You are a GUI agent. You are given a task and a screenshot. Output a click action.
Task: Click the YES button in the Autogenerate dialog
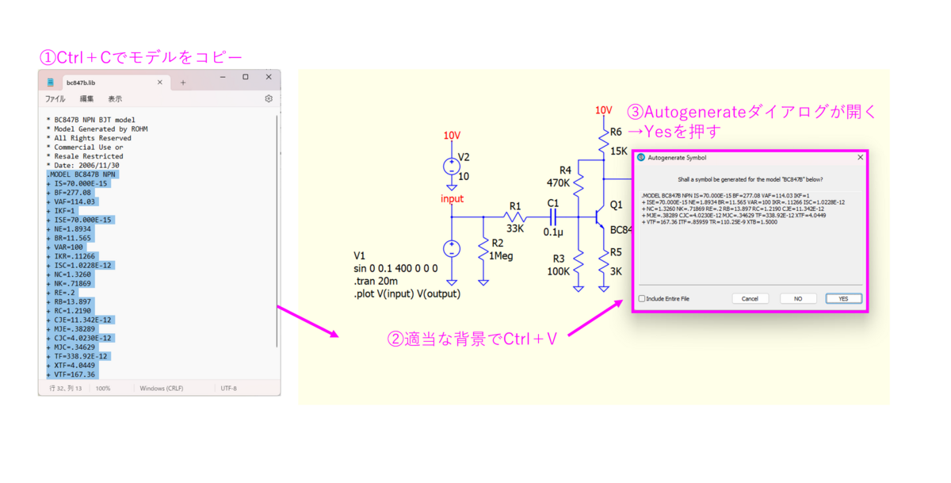coord(843,298)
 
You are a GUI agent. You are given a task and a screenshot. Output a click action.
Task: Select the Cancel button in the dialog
coord(750,298)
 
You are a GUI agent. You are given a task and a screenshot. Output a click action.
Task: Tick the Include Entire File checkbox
coord(642,299)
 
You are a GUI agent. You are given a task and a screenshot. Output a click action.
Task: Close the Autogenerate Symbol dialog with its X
coord(860,158)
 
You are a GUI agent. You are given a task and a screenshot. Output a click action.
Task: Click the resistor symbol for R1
coord(516,217)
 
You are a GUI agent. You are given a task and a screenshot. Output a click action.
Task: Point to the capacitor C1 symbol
coord(553,217)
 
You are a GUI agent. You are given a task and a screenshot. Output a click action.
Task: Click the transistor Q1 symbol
coord(599,216)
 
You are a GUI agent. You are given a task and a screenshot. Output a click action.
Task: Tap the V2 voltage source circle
coord(452,167)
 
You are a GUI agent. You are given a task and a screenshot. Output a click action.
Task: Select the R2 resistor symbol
coord(483,250)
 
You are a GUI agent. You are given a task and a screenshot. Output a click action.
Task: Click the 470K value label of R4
coord(559,182)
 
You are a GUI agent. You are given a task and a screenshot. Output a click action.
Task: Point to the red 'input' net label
coord(453,198)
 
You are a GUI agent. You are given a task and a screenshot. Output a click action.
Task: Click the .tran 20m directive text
coord(376,281)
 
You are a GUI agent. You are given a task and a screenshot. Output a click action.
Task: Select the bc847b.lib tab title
coord(81,82)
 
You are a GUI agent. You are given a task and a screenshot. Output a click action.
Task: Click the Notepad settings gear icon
coord(269,99)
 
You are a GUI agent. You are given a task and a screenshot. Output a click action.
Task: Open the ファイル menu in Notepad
coord(55,99)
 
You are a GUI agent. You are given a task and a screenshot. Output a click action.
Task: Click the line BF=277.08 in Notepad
coord(71,193)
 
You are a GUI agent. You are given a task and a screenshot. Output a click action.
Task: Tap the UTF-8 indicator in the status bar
coord(228,389)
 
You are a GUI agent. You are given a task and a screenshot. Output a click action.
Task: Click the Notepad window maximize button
coord(246,77)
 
